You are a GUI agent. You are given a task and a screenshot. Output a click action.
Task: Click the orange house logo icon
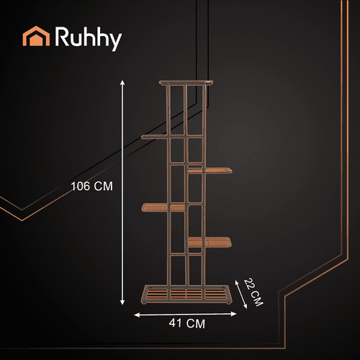36,36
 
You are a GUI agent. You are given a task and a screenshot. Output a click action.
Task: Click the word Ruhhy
89,38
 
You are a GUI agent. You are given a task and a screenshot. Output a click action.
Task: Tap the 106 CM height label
92,186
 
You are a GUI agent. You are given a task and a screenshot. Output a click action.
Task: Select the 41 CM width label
187,323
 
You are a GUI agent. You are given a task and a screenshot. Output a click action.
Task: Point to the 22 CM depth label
253,292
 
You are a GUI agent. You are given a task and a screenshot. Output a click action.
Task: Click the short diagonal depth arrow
240,294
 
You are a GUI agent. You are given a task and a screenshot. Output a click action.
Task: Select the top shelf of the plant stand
186,83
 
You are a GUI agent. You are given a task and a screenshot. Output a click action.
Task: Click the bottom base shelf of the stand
186,294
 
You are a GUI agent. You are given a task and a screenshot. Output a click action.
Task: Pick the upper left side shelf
155,137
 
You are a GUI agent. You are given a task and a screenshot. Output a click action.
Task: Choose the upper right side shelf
210,170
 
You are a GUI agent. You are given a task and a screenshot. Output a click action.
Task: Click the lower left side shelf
164,207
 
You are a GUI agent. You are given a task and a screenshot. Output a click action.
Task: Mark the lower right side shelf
210,242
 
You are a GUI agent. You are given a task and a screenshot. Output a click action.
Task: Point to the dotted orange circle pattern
240,143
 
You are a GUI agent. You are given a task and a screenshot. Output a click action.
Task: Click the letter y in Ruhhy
115,42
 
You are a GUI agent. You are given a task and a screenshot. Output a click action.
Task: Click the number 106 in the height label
81,186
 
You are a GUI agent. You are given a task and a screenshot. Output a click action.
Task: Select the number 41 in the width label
175,323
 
